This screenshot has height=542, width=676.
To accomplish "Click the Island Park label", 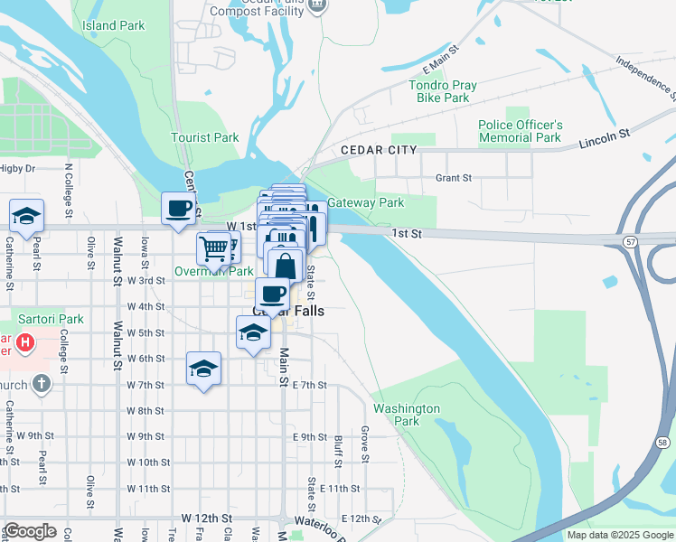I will point(114,25).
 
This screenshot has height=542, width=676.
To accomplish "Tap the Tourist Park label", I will point(205,138).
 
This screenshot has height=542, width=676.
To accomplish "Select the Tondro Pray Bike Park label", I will point(443,91).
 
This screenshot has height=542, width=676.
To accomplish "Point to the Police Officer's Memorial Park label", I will point(521,131).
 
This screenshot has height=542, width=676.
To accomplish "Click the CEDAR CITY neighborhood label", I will point(379,150).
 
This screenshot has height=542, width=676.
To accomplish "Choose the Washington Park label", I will point(407,415).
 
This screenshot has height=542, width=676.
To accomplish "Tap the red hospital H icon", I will point(26,343).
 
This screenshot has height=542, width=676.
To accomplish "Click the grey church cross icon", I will point(41,384).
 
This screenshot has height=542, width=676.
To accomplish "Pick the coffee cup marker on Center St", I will point(178,208).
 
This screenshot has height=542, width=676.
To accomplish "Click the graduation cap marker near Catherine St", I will point(26,215).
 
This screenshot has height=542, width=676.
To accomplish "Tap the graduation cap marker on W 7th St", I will point(203,368).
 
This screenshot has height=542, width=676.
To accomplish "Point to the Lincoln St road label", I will point(604,137).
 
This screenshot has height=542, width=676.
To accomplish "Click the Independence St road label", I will point(645,77).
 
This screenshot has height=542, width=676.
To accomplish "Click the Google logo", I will point(30,531).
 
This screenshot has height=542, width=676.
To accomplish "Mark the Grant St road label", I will point(454,178).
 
